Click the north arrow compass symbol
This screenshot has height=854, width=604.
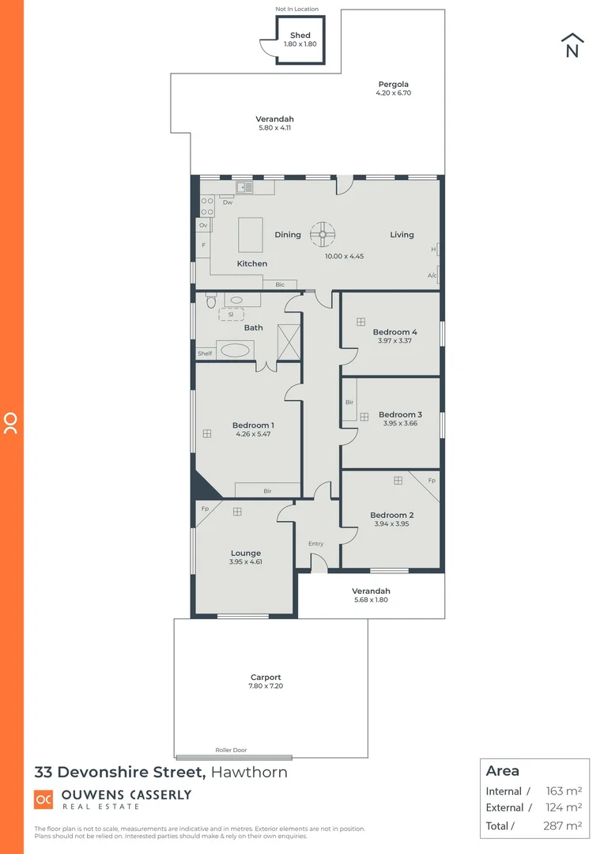pos(572,45)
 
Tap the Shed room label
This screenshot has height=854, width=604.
pos(300,35)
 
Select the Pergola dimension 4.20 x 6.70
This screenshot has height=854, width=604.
pos(393,93)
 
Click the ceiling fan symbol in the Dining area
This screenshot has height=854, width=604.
pos(323,234)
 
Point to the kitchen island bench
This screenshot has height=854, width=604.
pos(251,234)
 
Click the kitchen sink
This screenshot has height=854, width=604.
pos(243,187)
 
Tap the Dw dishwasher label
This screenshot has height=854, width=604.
pos(227,202)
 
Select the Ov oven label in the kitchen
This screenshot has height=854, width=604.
pos(203,225)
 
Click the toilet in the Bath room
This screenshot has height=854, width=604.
pos(210,301)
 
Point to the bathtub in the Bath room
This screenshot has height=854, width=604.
pos(236,350)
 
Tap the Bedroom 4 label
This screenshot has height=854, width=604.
pos(394,332)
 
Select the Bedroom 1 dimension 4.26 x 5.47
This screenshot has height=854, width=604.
pos(254,434)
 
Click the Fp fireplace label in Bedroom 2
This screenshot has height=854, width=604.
pos(432,481)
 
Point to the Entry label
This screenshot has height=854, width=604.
pos(315,543)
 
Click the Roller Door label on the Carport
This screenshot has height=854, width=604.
pos(231,750)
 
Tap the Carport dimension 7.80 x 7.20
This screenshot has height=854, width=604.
pos(266,686)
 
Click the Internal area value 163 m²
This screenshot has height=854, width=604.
pos(564,791)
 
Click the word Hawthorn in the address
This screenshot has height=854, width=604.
pos(248,773)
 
